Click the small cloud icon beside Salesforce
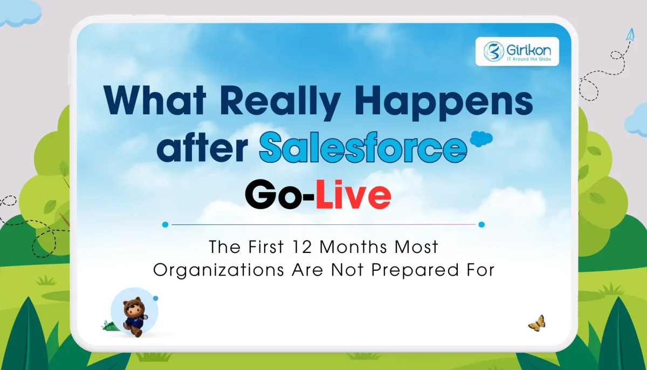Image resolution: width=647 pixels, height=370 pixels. pyautogui.click(x=480, y=138)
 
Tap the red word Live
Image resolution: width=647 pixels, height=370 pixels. pyautogui.click(x=353, y=197)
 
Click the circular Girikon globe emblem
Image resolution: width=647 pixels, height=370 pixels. pyautogui.click(x=492, y=52)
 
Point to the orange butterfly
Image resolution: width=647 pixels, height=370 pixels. pyautogui.click(x=536, y=323)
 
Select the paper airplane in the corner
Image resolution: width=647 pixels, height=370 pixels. pyautogui.click(x=629, y=35)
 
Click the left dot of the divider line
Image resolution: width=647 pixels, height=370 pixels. pyautogui.click(x=166, y=224)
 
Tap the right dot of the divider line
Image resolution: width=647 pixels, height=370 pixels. pyautogui.click(x=481, y=224)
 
